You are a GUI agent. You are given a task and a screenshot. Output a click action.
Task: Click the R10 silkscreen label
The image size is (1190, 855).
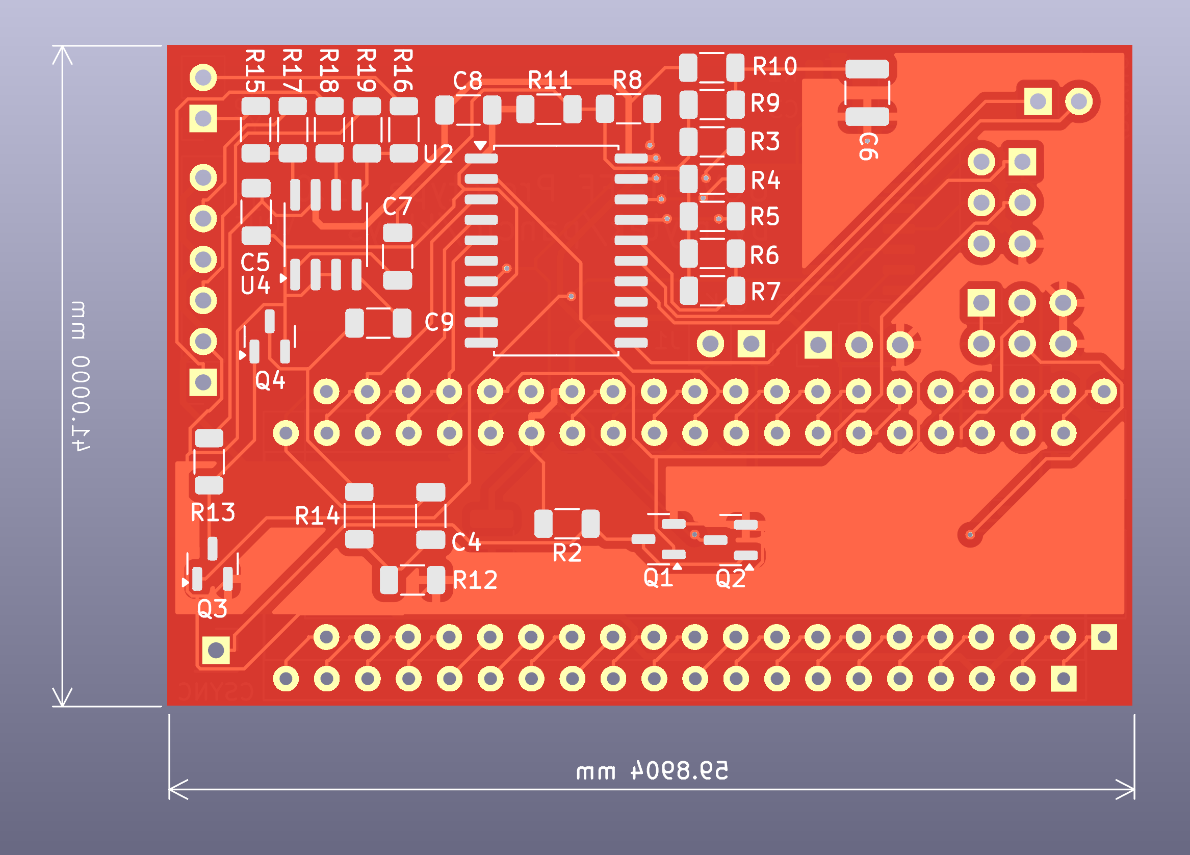tap(774, 67)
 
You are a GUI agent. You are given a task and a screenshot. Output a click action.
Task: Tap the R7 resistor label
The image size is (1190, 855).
tap(765, 292)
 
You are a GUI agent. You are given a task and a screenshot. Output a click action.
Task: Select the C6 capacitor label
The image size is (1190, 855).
tap(868, 146)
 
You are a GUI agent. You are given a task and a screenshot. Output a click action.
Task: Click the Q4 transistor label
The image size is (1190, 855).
tap(270, 380)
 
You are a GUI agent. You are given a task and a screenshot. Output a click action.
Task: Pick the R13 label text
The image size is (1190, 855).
tap(213, 512)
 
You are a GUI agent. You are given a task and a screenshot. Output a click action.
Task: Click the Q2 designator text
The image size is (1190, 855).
tap(731, 579)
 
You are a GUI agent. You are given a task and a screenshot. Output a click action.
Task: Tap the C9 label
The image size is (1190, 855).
tap(439, 323)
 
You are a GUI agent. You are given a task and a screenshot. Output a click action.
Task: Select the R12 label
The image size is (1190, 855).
tap(475, 581)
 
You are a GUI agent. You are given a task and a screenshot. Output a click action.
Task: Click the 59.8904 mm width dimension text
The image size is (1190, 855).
tap(652, 771)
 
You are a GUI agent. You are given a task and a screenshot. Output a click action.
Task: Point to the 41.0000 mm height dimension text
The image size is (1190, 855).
tap(80, 376)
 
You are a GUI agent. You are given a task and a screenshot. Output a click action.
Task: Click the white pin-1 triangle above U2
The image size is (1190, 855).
tap(480, 145)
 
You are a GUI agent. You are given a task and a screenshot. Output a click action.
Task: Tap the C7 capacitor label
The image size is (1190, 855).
tap(397, 206)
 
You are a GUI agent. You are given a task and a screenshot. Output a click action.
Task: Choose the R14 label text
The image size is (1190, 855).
tap(317, 516)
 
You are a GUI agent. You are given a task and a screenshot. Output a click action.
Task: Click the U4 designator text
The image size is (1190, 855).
tap(255, 286)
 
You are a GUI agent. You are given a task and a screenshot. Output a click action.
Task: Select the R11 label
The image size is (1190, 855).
tap(549, 80)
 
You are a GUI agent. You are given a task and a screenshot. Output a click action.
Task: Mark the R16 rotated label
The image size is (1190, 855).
tap(403, 70)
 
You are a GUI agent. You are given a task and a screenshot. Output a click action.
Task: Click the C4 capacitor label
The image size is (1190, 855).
tap(466, 542)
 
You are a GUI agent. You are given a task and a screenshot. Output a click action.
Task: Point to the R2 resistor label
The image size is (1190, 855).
tap(567, 553)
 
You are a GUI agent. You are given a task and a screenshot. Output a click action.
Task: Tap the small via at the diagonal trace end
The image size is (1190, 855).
tap(970, 535)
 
